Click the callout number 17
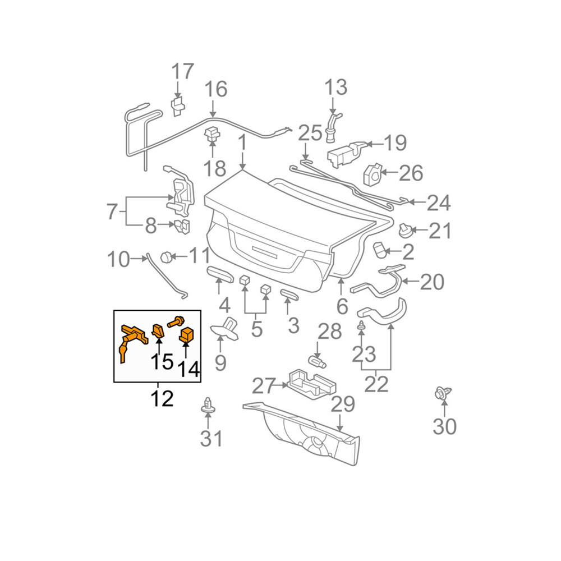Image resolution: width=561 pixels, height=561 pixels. tap(182, 72)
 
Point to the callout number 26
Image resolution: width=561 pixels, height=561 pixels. tap(411, 173)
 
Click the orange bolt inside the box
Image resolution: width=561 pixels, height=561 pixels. tap(176, 321)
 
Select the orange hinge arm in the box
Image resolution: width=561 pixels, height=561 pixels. tap(132, 339)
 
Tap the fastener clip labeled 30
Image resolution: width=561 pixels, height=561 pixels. tap(442, 394)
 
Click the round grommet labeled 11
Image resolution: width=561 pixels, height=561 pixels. tap(166, 257)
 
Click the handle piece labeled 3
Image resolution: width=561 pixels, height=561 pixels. tap(289, 295)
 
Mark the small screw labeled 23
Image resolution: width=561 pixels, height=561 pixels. tap(361, 325)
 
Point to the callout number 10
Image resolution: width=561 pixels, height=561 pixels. tap(118, 259)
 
